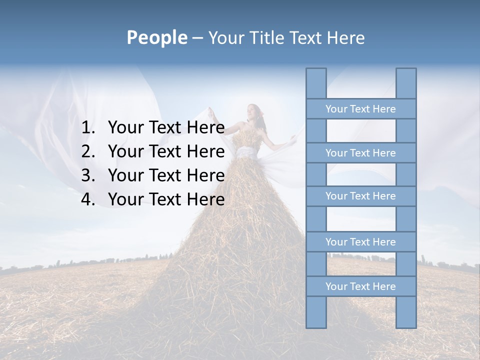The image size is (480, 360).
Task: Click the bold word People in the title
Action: (x=156, y=38)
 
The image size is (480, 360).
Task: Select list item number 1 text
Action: (x=166, y=128)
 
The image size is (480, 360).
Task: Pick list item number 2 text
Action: (x=166, y=151)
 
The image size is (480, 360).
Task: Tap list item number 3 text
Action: (x=166, y=175)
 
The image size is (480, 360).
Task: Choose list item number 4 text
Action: (x=166, y=199)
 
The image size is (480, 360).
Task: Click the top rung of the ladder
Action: (x=360, y=109)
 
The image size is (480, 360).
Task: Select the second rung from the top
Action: (x=360, y=153)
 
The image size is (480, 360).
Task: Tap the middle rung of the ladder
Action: (x=360, y=196)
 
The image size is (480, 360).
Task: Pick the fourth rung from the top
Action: (x=360, y=242)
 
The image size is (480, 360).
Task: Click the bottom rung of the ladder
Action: (x=360, y=286)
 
